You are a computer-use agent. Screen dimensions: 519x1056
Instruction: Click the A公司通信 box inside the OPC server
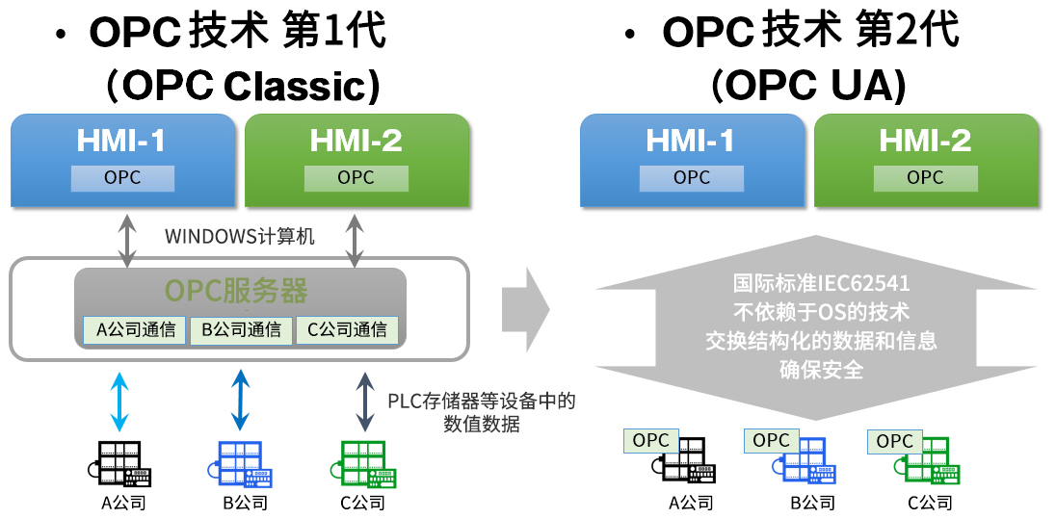click(136, 330)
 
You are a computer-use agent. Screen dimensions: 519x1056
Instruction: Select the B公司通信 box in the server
click(241, 330)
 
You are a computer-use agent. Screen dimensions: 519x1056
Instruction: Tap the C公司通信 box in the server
click(347, 330)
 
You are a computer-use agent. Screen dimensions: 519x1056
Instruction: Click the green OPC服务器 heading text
click(236, 292)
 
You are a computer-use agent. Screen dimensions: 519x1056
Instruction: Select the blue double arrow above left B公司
click(240, 401)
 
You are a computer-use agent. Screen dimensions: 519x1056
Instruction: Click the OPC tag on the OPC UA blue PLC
click(771, 440)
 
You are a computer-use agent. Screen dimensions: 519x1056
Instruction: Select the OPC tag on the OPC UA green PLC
click(894, 441)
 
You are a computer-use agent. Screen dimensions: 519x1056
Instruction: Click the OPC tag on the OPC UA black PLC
click(650, 441)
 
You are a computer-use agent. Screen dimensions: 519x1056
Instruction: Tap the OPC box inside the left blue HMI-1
click(122, 178)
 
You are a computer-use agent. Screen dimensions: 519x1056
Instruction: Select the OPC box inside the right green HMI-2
click(925, 178)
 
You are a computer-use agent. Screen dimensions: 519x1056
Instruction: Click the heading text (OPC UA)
click(808, 86)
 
